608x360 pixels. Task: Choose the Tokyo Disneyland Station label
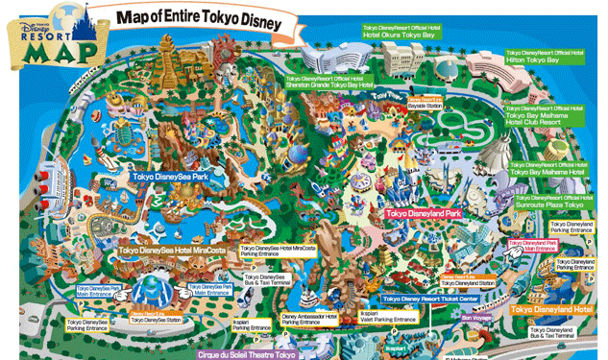tap(469, 281)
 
